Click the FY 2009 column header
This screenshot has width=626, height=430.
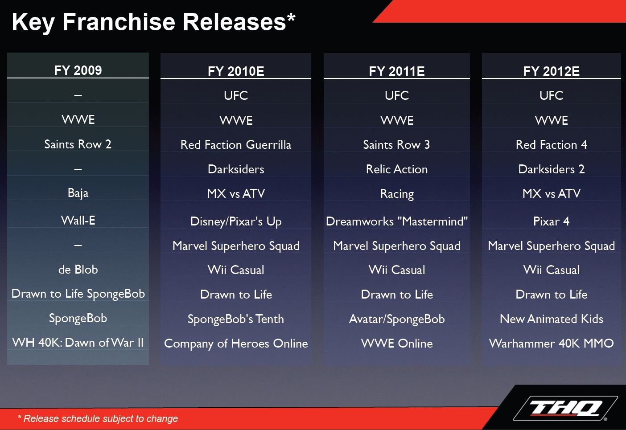coord(78,70)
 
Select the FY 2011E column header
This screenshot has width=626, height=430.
coord(396,71)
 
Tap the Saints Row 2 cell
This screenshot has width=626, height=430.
coord(78,144)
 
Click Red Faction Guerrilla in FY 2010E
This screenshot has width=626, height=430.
coord(236,145)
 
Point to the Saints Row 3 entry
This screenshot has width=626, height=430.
coord(396,145)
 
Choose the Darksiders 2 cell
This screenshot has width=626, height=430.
coord(552,169)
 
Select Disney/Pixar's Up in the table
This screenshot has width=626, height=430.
coord(236,221)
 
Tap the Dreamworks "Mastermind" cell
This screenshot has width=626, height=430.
coord(396,221)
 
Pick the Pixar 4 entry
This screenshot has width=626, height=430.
coord(552,221)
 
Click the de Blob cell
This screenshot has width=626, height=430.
coord(78,270)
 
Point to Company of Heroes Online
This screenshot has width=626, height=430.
coord(236,344)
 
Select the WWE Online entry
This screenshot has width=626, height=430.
coord(396,344)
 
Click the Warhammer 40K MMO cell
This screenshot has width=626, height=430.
coord(552,344)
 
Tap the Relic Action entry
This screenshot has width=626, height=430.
coord(396,169)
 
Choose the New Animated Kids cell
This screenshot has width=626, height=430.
coord(552,319)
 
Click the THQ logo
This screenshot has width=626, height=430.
coord(565,408)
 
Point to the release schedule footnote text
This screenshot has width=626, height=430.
coord(98,418)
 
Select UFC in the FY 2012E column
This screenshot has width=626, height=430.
coord(552,95)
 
